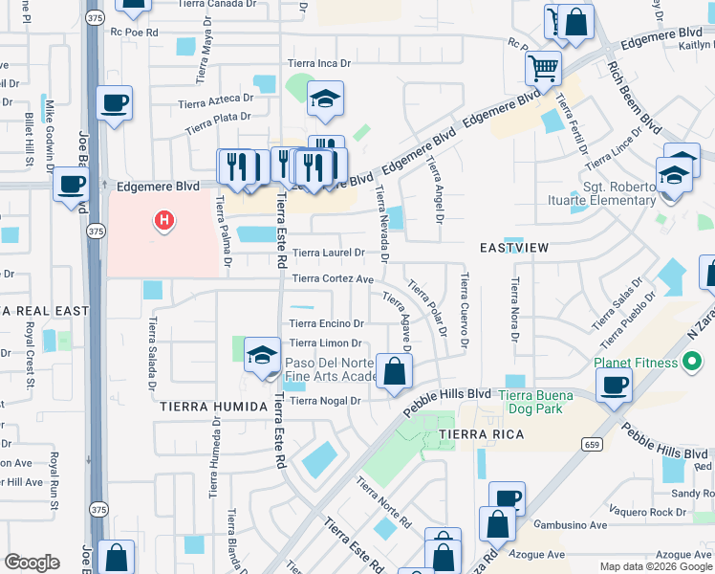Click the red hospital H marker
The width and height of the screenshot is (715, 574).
(164, 221)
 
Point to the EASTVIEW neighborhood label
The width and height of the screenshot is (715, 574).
(514, 248)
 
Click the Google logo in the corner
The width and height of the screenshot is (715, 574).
(32, 563)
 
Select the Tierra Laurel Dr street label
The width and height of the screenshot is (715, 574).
(328, 254)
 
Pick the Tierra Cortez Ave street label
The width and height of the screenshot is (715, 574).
(332, 278)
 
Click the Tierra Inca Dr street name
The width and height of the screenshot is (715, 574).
(320, 64)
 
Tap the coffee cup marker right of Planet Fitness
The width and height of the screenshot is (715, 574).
(613, 385)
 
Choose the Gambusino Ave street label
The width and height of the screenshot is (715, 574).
(571, 525)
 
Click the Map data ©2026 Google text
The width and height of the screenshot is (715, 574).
(655, 566)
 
